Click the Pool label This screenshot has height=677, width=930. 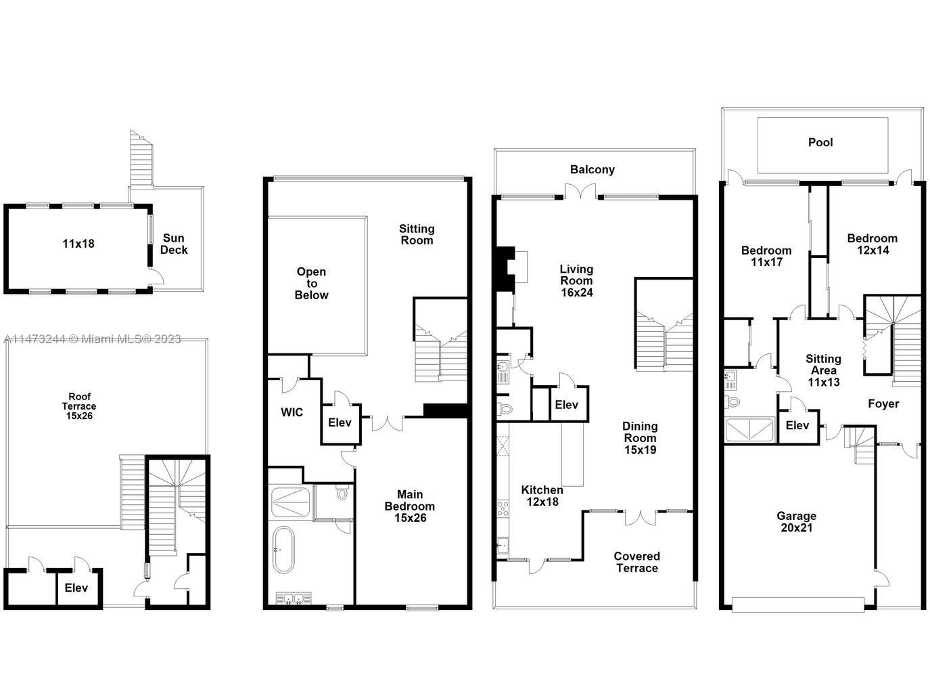820,142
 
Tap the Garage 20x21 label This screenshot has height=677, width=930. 796,522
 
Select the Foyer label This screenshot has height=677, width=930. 883,404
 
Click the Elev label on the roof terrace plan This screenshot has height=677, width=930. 76,588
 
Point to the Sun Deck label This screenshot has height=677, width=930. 174,244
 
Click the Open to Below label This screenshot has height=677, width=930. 311,283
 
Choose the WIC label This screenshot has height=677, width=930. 292,412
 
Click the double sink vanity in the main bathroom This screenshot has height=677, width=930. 293,598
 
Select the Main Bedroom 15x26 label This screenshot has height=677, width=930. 410,506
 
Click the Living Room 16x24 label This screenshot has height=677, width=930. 576,280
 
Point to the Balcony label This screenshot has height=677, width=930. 592,170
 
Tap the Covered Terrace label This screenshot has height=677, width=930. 636,562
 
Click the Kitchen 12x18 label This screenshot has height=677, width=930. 542,496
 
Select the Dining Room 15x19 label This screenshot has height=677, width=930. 639,437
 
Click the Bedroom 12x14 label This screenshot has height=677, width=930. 872,244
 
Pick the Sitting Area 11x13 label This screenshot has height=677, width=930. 823,370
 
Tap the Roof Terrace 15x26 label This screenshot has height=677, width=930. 79,406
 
